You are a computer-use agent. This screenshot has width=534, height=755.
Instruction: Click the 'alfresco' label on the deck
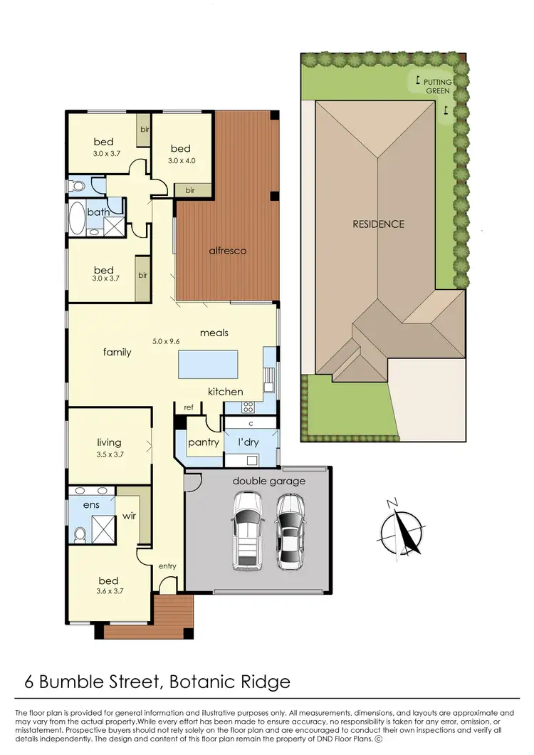[x=228, y=251]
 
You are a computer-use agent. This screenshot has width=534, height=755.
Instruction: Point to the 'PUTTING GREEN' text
[x=438, y=86]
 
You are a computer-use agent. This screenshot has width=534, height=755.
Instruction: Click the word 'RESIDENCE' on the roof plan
[x=378, y=224]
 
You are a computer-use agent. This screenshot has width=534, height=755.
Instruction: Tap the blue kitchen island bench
[x=209, y=364]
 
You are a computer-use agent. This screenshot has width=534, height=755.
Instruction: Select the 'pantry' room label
[x=204, y=442]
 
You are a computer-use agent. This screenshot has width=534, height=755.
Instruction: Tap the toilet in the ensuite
[x=80, y=533]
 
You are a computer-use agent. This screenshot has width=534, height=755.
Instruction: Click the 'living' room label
[x=109, y=442]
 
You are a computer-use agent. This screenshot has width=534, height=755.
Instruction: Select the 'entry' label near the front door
[x=167, y=566]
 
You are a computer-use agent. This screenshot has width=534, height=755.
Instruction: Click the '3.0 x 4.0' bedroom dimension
[x=182, y=160]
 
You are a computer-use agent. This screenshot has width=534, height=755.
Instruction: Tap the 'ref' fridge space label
[x=189, y=407]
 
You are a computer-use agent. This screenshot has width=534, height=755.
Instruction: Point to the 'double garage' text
[x=268, y=481]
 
